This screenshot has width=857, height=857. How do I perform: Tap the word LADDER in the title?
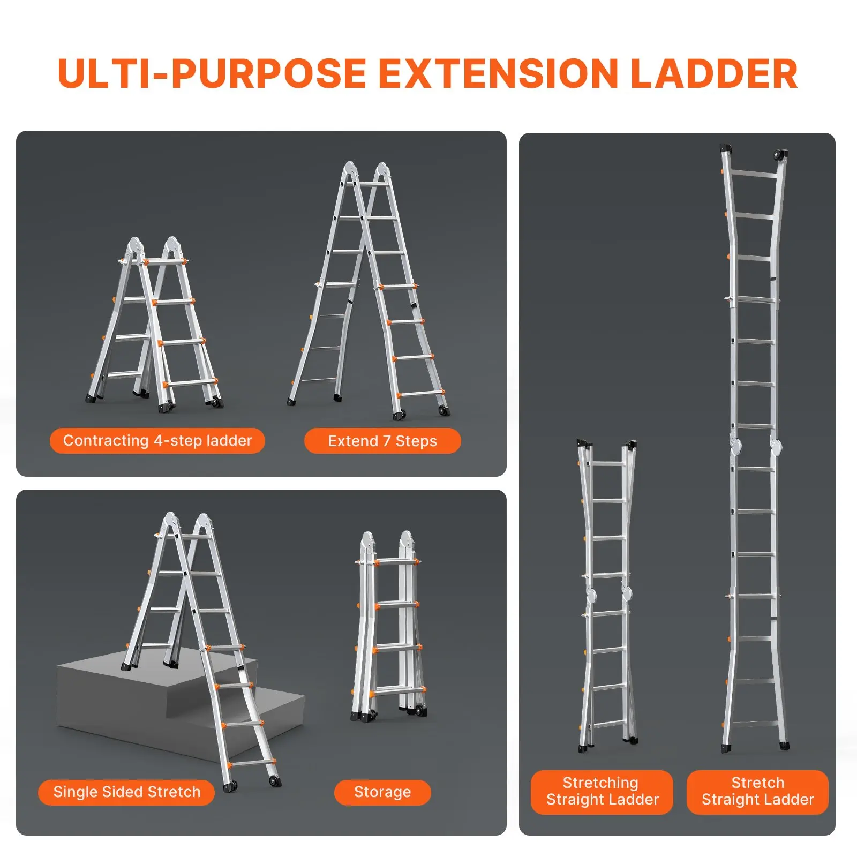click(715, 74)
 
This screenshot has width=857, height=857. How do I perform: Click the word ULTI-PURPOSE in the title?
click(212, 74)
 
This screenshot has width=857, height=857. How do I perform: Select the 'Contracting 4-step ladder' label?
click(157, 441)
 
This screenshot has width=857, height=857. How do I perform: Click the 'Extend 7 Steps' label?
click(382, 441)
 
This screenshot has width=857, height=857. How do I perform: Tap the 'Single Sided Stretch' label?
click(126, 792)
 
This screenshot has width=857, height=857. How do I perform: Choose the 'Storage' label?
click(382, 792)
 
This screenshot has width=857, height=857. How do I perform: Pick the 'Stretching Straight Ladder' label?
click(602, 791)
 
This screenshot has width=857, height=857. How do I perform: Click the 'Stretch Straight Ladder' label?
click(757, 791)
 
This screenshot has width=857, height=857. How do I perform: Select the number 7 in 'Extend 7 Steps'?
click(387, 441)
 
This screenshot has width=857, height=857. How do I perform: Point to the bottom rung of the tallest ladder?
click(755, 724)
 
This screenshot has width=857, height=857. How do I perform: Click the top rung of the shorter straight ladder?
click(607, 464)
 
